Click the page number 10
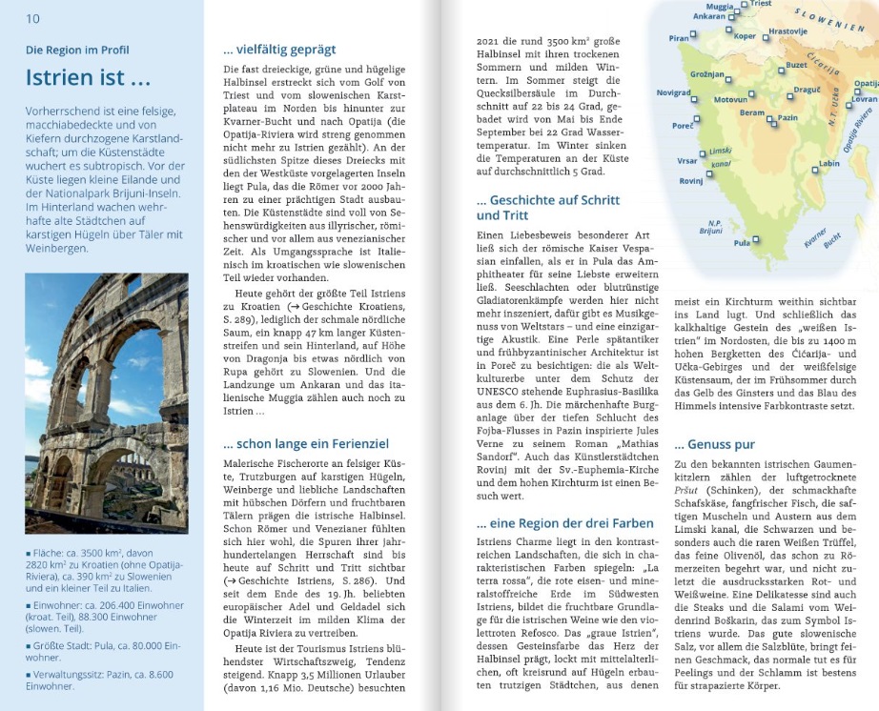[32, 18]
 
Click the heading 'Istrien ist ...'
[88, 77]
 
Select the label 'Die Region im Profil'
[77, 50]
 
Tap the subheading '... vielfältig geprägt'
[279, 50]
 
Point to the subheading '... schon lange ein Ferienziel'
[306, 443]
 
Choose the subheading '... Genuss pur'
[714, 444]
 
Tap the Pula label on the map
[741, 243]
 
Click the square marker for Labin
[811, 164]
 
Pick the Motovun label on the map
[730, 99]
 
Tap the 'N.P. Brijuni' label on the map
[709, 227]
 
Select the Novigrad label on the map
[674, 92]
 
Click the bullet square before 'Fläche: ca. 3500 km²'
[29, 553]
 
